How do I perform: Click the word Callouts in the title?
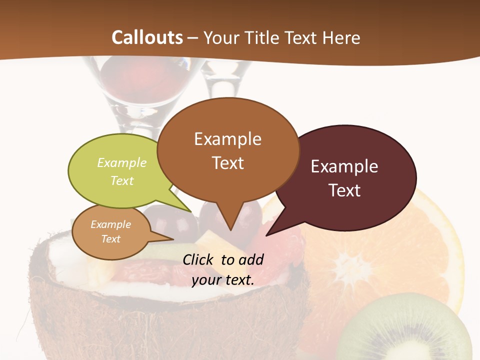pyautogui.click(x=147, y=37)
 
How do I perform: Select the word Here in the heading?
pyautogui.click(x=341, y=37)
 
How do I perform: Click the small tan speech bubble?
pyautogui.click(x=110, y=231)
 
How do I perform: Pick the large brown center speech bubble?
pyautogui.click(x=228, y=150)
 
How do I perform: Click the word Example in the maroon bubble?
pyautogui.click(x=344, y=166)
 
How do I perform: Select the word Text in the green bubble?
pyautogui.click(x=122, y=181)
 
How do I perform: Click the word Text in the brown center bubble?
pyautogui.click(x=228, y=163)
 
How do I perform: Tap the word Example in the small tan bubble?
pyautogui.click(x=110, y=224)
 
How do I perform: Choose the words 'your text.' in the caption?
pyautogui.click(x=223, y=279)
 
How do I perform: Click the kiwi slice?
pyautogui.click(x=405, y=330)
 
